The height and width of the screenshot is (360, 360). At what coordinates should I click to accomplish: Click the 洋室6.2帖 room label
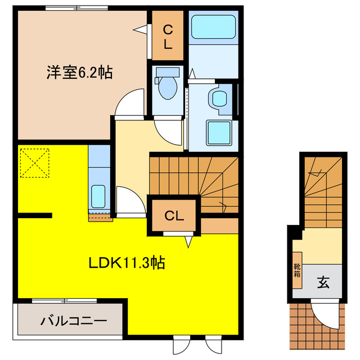[78, 73]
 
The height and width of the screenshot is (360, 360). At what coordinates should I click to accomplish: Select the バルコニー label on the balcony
[73, 322]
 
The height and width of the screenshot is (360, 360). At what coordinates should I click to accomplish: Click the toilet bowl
[167, 86]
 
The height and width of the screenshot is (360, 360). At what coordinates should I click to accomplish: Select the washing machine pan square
[218, 133]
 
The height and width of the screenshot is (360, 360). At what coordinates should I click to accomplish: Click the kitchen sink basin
[98, 196]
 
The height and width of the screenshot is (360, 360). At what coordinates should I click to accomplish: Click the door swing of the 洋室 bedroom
[128, 102]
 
